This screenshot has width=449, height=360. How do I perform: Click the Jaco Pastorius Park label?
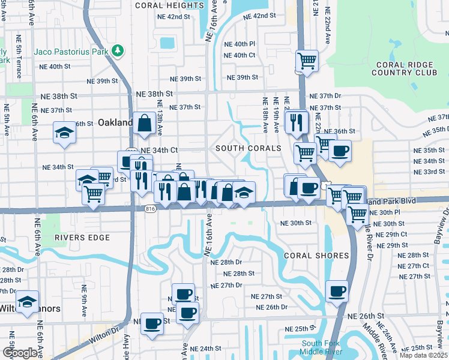(x=71, y=52)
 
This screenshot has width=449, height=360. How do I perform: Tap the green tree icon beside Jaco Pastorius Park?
(x=118, y=51)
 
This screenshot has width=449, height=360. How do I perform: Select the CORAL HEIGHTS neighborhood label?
(x=161, y=5)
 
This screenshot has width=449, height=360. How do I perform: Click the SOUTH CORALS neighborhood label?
(x=249, y=148)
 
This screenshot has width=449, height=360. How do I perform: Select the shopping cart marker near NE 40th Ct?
(x=307, y=61)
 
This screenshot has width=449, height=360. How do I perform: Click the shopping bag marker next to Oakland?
(x=145, y=124)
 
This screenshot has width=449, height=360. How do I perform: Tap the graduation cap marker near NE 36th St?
(x=64, y=133)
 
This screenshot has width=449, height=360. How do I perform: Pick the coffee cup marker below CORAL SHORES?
(x=337, y=292)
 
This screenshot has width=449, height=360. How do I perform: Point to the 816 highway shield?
(x=150, y=208)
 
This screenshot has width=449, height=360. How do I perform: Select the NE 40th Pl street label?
(x=240, y=44)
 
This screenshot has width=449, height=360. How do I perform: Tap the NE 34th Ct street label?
(x=159, y=150)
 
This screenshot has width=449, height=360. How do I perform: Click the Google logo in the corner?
(x=20, y=353)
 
